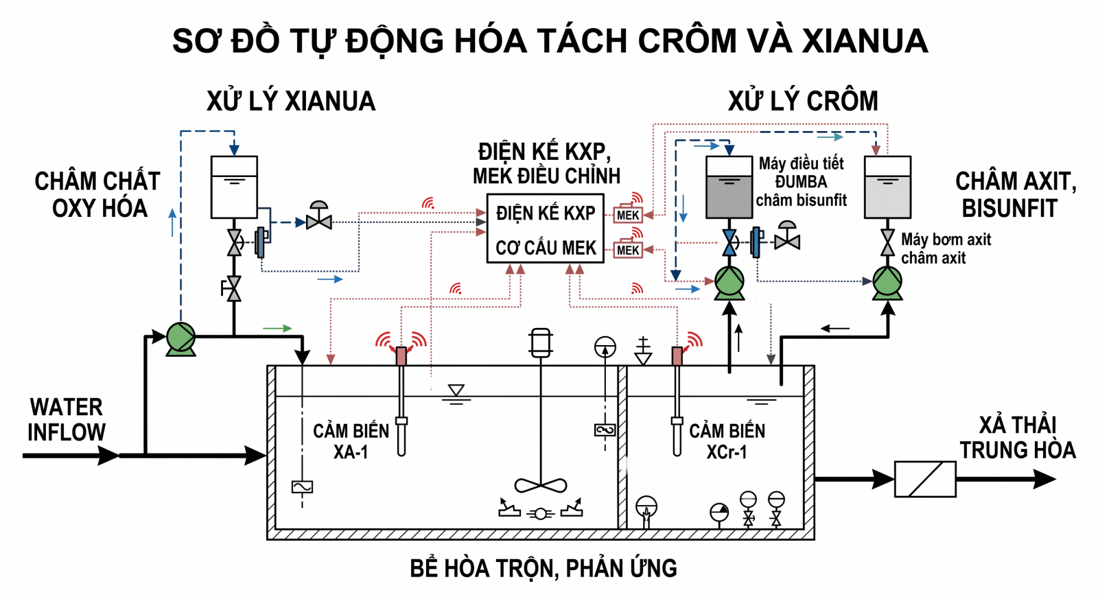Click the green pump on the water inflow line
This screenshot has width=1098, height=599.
[x=181, y=338]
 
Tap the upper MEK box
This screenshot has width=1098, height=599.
[x=628, y=215]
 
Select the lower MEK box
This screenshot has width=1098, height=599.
[x=628, y=250]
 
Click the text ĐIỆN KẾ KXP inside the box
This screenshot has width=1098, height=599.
[x=546, y=213]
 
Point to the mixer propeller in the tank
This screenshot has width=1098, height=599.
[x=541, y=486]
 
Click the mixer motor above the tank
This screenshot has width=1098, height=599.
[x=541, y=342]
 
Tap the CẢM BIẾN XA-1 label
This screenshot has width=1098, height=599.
[x=351, y=441]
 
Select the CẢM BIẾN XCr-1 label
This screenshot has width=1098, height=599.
[x=727, y=441]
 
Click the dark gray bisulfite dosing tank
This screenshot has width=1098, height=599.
[x=729, y=187]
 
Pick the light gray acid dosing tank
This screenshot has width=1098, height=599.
[x=888, y=187]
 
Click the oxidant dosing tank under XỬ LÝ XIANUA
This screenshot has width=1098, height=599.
[x=234, y=187]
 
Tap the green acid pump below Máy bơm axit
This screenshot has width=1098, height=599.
[x=888, y=282]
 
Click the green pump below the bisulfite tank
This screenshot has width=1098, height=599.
[x=729, y=282]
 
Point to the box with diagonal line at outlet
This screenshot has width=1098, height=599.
[x=926, y=480]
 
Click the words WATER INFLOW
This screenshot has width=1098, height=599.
[x=67, y=420]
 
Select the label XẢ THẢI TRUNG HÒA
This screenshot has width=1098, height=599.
[x=1018, y=438]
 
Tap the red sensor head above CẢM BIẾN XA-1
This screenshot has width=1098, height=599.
[x=401, y=356]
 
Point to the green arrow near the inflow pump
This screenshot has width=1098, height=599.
[x=277, y=328]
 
